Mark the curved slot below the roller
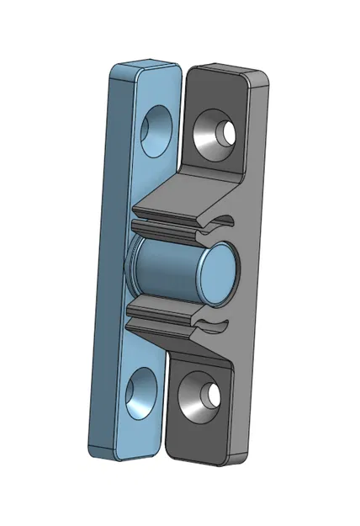pos(215,323)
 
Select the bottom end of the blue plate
pos(122,455)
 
